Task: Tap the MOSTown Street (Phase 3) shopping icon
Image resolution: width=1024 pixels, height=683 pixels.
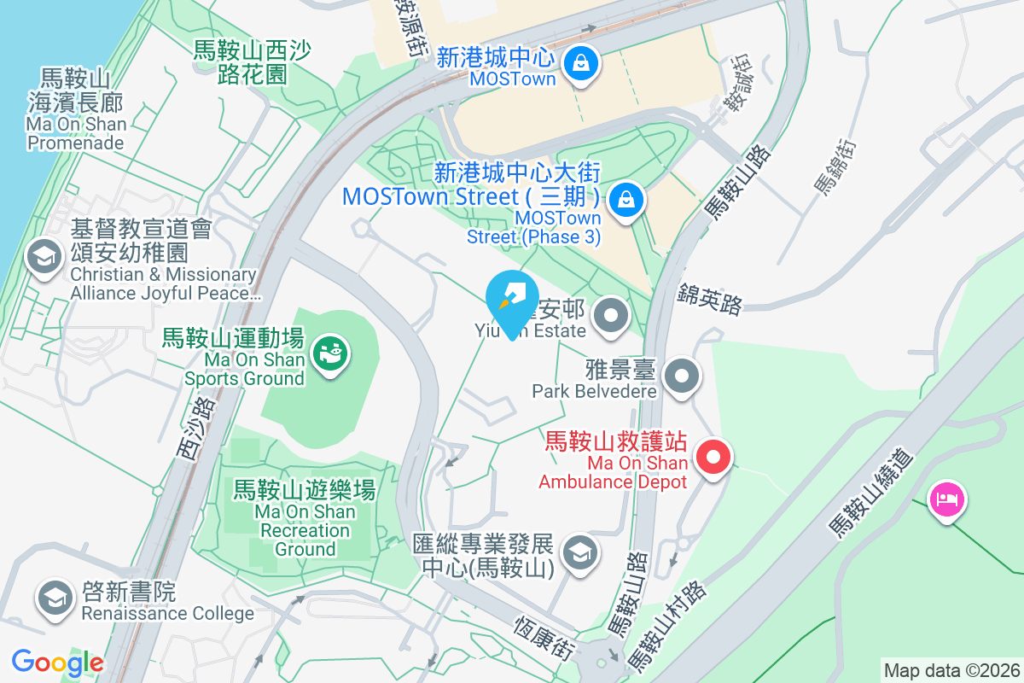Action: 627,201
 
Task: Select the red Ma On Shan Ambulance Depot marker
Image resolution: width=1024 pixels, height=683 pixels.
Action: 714,458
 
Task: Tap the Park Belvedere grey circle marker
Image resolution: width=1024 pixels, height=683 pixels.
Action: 682,377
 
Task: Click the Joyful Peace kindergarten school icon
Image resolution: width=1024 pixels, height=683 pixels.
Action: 43,256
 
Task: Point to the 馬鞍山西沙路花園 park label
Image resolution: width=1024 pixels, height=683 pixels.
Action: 240,62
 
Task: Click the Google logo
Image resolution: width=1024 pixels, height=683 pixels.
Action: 57,663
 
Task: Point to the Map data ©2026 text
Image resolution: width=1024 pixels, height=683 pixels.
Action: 951,670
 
